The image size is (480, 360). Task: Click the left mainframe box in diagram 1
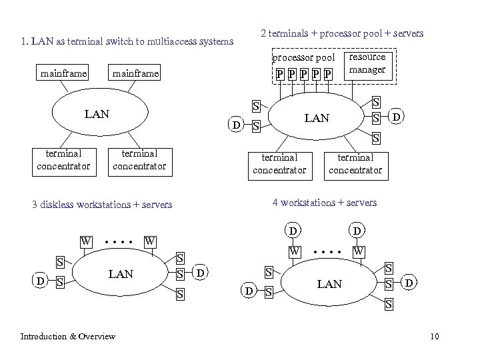click(63, 73)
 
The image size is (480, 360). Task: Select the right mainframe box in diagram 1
click(136, 73)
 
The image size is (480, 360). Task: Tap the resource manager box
click(367, 64)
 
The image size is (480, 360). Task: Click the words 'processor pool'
click(303, 58)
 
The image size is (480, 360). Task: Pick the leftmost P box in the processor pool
click(280, 73)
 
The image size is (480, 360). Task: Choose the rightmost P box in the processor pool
click(327, 73)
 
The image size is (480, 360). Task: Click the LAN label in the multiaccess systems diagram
click(97, 115)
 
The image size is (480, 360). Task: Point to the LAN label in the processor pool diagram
click(316, 118)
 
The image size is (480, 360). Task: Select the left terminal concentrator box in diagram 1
click(64, 160)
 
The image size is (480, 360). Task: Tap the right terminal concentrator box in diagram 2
click(355, 163)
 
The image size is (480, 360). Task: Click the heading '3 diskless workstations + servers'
click(102, 205)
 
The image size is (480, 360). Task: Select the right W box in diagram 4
click(359, 251)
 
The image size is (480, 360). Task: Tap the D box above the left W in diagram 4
click(291, 231)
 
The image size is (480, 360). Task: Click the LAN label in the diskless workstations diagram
click(120, 274)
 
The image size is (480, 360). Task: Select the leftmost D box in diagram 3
click(41, 281)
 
